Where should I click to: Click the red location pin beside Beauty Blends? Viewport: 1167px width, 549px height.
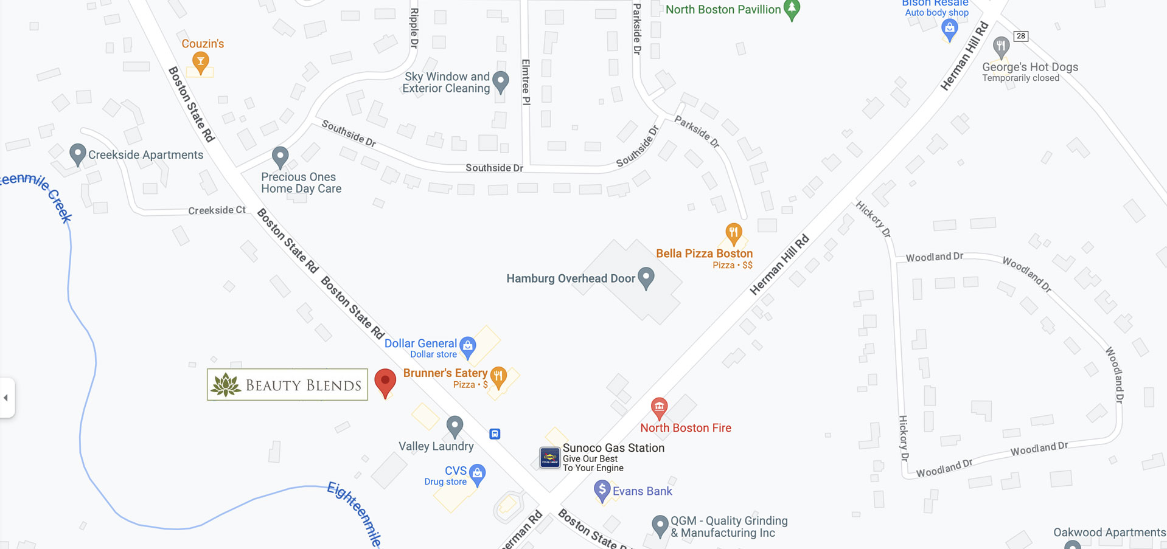coord(385,381)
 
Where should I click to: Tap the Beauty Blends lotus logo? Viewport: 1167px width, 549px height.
coord(226,385)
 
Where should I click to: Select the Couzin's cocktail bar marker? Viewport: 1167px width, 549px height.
coord(200,61)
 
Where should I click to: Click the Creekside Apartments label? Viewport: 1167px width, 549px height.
coord(145,155)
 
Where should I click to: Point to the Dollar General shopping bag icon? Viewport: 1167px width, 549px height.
coord(467,346)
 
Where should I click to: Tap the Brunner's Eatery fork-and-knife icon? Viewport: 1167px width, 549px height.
coord(498,376)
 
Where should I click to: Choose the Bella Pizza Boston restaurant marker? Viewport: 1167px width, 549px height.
coord(733,233)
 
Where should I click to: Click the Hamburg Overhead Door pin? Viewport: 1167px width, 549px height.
coord(646,277)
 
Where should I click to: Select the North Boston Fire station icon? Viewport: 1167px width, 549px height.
coord(659,407)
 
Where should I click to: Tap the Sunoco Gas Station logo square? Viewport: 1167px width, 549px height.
coord(549,457)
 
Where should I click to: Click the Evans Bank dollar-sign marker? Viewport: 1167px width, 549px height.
coord(602,490)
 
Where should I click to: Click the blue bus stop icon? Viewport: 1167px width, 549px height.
coord(495,434)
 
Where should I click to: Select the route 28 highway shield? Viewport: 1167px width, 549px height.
coord(1020,36)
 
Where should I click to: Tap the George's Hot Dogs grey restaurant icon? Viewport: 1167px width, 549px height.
coord(1000,46)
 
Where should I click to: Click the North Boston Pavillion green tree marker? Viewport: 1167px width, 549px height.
coord(792,9)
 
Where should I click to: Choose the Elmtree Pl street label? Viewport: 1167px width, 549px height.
coord(526,82)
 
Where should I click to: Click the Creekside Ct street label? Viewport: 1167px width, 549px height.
coord(217,210)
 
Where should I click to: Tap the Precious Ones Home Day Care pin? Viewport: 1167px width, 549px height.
coord(280,156)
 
